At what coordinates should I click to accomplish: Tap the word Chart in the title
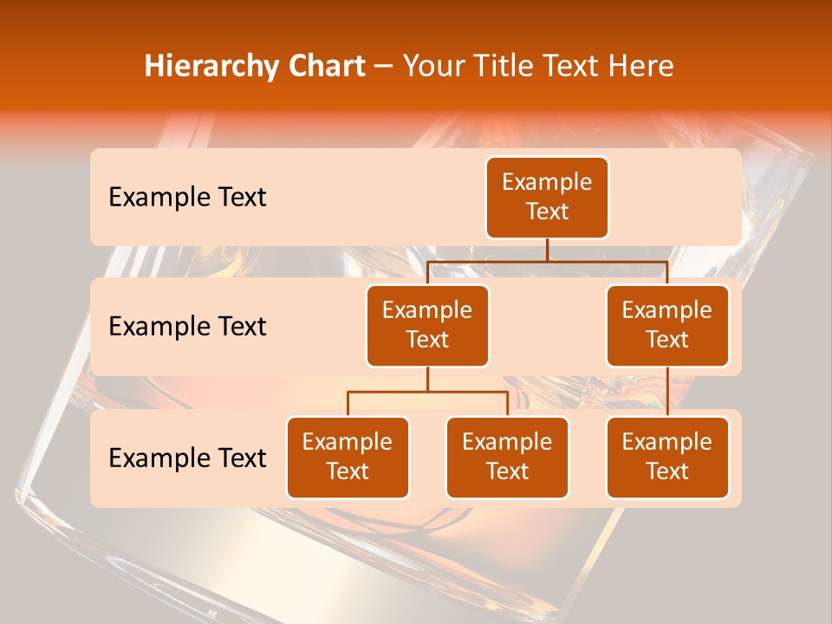[326, 66]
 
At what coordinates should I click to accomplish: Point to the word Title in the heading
[513, 66]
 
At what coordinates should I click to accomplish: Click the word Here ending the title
[640, 66]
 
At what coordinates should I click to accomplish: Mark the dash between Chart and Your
[384, 67]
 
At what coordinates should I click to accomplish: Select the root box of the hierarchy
[547, 198]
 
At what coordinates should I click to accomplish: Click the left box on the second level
[427, 326]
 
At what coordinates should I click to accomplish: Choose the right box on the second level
[667, 326]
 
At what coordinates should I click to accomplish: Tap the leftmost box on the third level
[348, 458]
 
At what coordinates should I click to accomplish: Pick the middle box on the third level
[507, 458]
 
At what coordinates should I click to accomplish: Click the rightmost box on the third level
[667, 458]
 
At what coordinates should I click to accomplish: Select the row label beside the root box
[187, 198]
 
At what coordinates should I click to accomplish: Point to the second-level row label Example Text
[187, 327]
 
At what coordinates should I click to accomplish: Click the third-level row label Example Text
[187, 458]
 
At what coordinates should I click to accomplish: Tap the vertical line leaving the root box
[547, 250]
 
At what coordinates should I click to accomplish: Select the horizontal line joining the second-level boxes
[547, 261]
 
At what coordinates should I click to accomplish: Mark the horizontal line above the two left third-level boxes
[427, 392]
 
